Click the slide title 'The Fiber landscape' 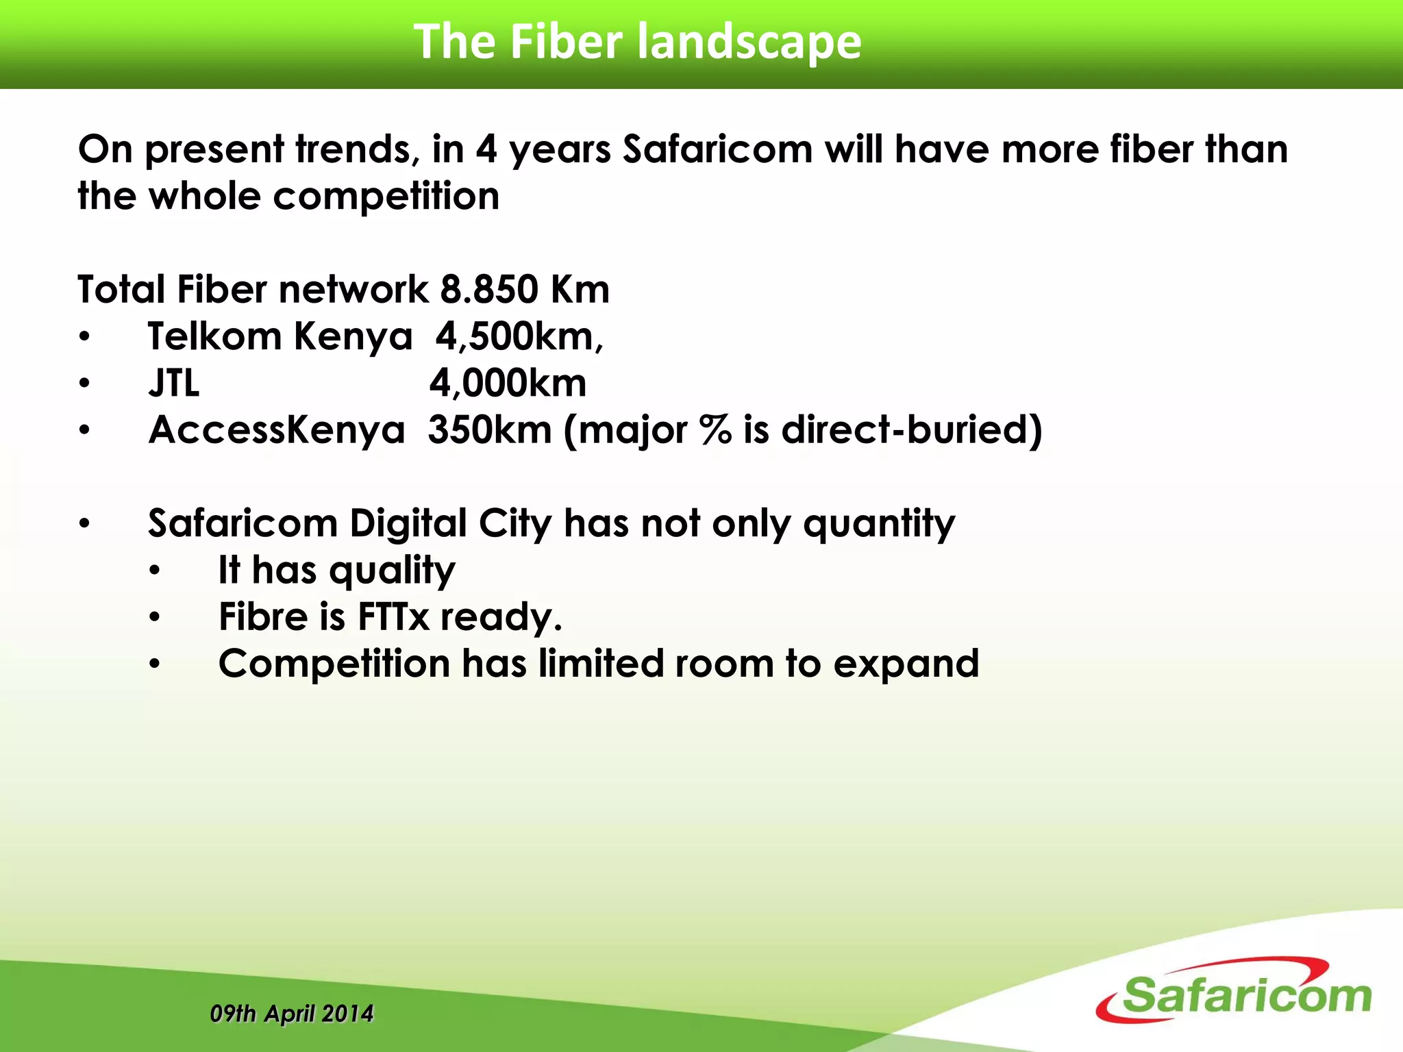[637, 42]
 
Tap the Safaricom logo [1237, 992]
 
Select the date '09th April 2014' [292, 1013]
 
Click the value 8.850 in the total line [489, 289]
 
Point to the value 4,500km [519, 336]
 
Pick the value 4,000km [508, 383]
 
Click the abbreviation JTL [174, 383]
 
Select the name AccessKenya [277, 430]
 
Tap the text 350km [490, 430]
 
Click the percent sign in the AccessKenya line [715, 430]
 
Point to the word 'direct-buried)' [912, 430]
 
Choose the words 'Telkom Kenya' [280, 336]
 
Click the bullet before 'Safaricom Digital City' [84, 524]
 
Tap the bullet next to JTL [84, 384]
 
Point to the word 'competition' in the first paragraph [386, 197]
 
